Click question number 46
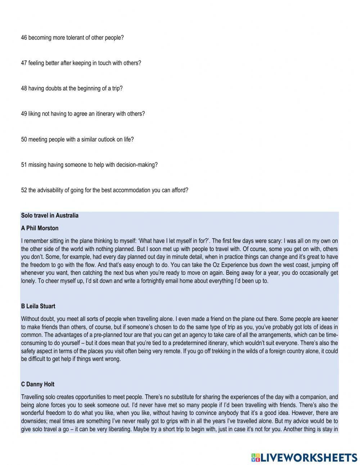pos(24,37)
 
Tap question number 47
pos(24,63)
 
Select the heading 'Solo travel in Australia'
pos(50,216)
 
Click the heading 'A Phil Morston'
pos(40,228)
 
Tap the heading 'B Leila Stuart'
pos(38,307)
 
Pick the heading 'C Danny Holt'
pos(38,385)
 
